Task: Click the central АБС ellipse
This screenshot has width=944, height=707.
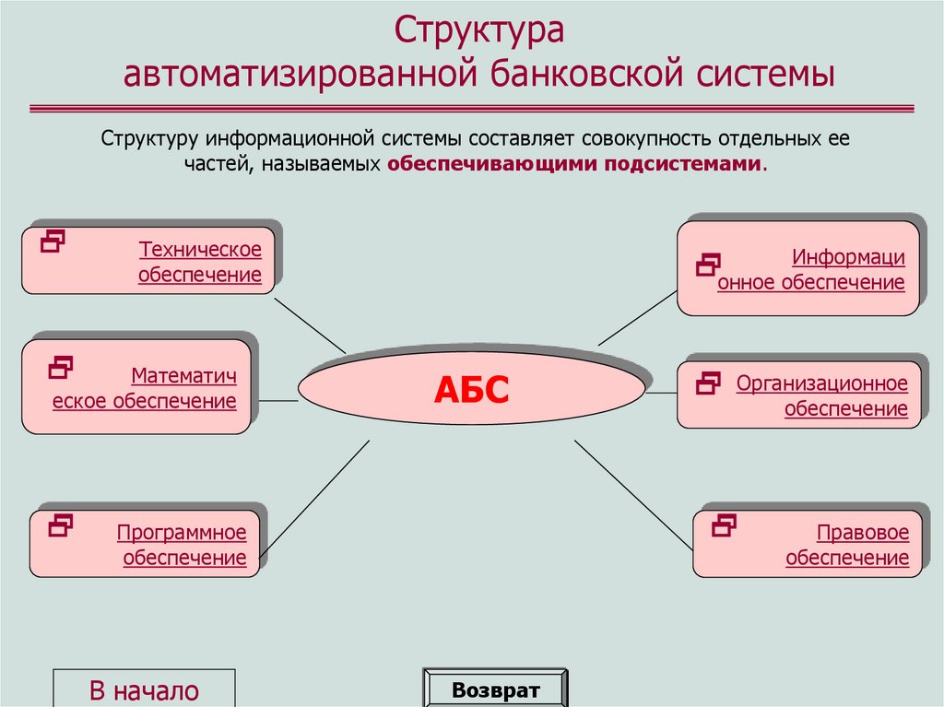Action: pos(471,391)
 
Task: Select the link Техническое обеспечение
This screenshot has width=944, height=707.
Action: pos(200,262)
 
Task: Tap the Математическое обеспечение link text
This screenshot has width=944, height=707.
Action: pos(145,388)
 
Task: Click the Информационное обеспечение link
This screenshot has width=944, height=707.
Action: pos(811,270)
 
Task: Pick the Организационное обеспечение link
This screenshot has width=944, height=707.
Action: pos(822,395)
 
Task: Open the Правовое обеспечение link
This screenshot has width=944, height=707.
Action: pos(847,545)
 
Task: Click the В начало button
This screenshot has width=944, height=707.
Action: pos(144,689)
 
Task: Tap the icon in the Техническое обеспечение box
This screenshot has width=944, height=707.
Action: pos(53,242)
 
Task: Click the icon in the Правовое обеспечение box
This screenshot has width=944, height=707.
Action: pos(725,525)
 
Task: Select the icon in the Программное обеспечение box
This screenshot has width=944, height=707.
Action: pos(61,525)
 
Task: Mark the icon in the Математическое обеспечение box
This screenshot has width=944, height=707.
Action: pos(60,367)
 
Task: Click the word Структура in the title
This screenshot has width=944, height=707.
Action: pos(479,29)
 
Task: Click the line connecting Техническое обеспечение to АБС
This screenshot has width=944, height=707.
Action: pos(310,323)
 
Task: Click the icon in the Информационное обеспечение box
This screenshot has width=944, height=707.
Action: pos(707,265)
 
